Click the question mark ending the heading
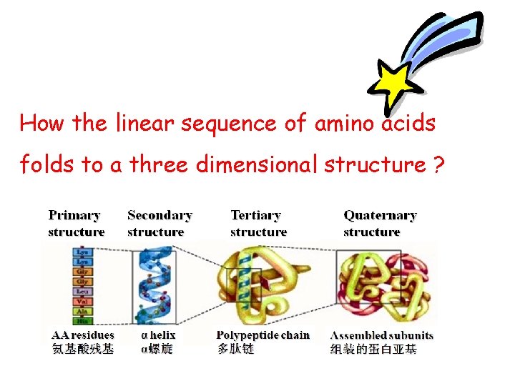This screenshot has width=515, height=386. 437,165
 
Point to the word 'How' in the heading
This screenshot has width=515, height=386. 42,124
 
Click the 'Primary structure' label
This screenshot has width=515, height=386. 76,223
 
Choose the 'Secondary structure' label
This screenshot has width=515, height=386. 160,223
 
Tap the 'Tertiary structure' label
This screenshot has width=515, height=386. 258,223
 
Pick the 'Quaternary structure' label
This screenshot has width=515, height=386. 380,223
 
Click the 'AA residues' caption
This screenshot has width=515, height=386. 83,335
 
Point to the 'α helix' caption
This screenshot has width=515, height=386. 159,335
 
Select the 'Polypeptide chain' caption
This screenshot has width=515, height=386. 263,335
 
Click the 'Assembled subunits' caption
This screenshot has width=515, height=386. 382,335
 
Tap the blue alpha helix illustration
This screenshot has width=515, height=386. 153,286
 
